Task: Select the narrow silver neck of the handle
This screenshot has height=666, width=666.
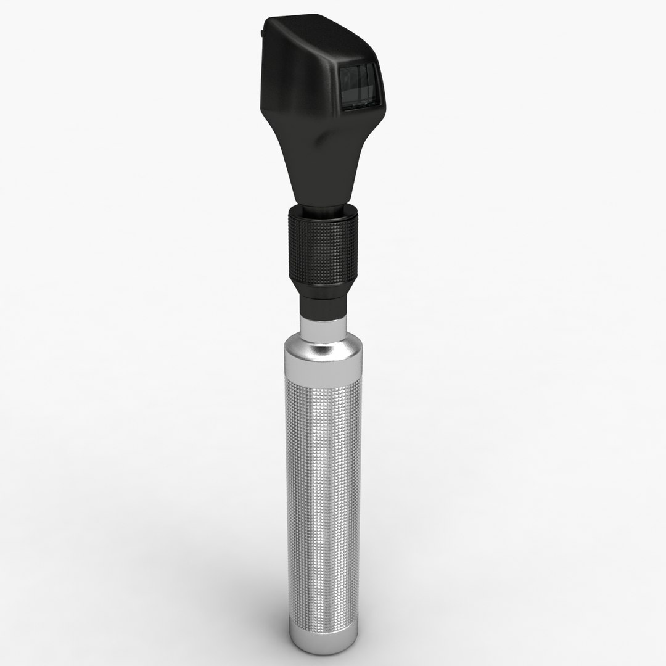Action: [x=322, y=327]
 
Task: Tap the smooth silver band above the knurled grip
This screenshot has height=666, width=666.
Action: [x=322, y=373]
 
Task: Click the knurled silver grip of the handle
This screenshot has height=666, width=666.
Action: [x=322, y=493]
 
